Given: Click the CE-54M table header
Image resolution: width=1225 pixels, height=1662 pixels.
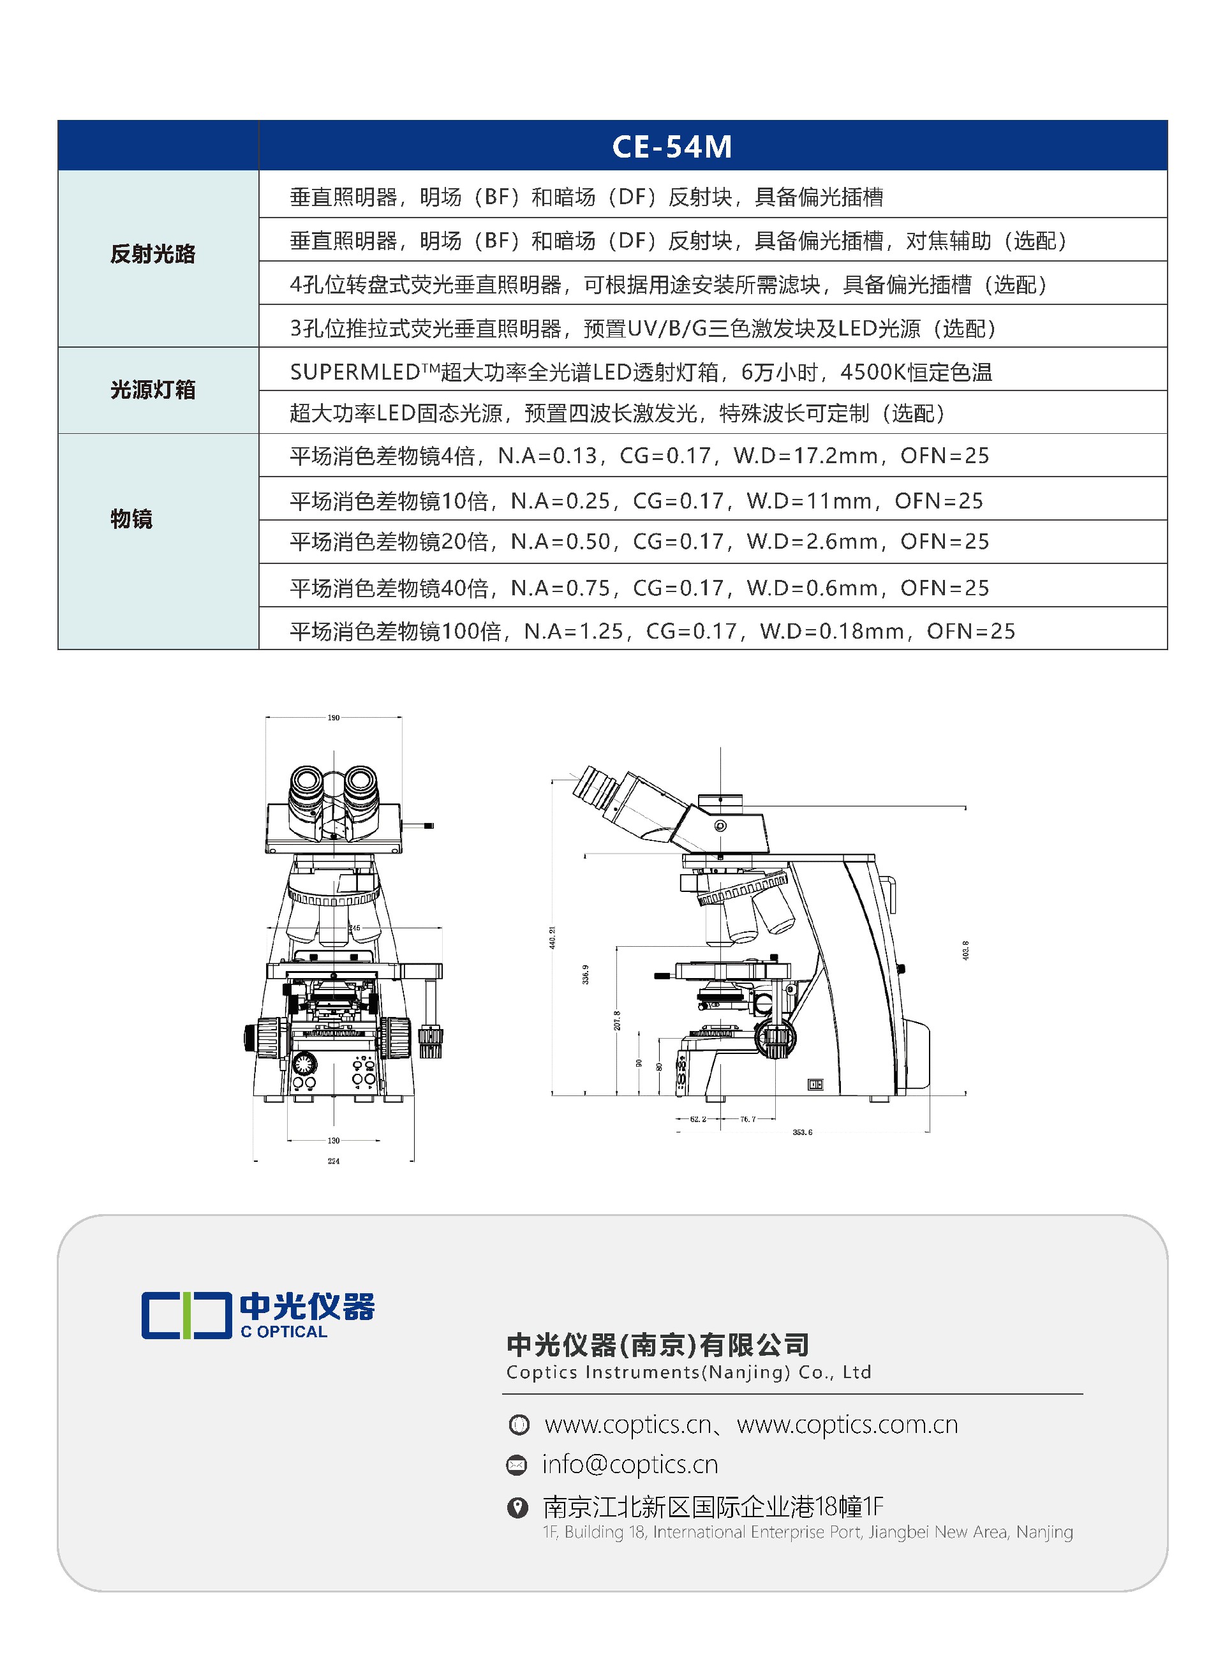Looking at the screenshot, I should click(672, 146).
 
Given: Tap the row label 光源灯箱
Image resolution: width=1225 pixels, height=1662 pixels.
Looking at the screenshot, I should click(152, 390).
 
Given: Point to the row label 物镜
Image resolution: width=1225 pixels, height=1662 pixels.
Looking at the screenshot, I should click(131, 519).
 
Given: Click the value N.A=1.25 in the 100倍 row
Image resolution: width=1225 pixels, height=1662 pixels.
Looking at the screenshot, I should click(573, 632).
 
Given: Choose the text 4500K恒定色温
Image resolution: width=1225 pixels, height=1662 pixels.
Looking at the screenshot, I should click(916, 372).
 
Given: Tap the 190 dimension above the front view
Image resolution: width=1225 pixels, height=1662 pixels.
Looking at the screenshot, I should click(334, 718).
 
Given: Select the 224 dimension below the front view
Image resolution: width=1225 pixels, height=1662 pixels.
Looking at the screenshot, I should click(334, 1161).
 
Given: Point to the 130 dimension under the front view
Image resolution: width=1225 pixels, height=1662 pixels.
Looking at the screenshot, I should click(334, 1140).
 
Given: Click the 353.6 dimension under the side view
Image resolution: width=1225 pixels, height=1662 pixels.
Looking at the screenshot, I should click(803, 1132).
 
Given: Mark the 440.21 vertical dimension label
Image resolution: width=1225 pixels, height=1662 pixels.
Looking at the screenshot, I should click(552, 937).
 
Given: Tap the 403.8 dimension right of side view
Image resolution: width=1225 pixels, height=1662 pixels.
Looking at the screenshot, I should click(965, 951).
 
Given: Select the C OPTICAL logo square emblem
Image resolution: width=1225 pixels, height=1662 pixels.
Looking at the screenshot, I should click(186, 1315).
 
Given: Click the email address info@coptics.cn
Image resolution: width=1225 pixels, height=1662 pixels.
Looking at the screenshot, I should click(630, 1464).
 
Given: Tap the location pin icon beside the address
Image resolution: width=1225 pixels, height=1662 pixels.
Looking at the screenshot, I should click(517, 1506).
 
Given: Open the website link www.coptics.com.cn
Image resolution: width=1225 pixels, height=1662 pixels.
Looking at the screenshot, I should click(847, 1424).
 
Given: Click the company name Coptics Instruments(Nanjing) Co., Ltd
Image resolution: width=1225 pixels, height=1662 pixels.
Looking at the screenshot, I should click(688, 1372).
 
